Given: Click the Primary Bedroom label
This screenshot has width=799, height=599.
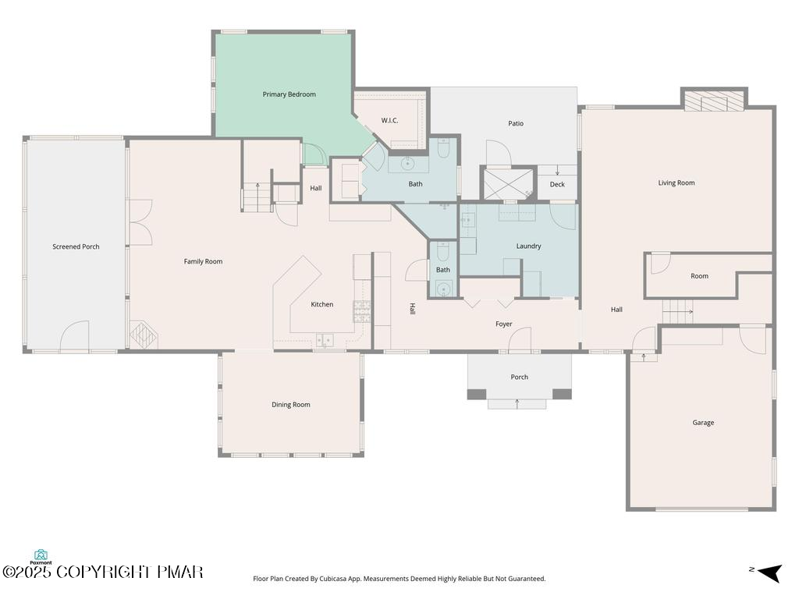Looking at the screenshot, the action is [x=289, y=94].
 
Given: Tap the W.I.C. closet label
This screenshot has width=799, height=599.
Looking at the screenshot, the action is [x=390, y=121].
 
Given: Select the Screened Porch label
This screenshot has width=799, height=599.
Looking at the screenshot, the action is [x=76, y=246].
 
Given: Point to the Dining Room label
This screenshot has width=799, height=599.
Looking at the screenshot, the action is [x=291, y=405].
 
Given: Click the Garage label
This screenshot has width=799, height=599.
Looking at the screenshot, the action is [x=703, y=423].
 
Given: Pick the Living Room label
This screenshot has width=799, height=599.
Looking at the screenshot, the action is [x=676, y=183].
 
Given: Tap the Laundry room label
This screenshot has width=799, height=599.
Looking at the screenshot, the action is [x=528, y=246].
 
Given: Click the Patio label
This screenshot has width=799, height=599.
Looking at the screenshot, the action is [x=516, y=123].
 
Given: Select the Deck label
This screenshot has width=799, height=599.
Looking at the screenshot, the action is [x=557, y=184].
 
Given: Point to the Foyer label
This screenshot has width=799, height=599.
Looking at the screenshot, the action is [x=504, y=324].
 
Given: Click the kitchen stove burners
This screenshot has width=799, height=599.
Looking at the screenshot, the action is [x=362, y=311].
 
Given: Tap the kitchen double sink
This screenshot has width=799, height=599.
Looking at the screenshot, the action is [x=325, y=340].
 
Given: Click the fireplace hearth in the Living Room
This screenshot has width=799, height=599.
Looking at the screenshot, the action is [x=714, y=101].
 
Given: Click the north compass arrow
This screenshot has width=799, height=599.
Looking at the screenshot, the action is [x=769, y=573].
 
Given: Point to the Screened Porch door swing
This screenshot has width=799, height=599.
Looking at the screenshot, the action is [x=75, y=335].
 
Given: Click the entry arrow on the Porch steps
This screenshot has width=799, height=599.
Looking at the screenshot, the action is [x=517, y=404].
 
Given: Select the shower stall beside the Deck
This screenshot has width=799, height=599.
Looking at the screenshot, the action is [x=508, y=184].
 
